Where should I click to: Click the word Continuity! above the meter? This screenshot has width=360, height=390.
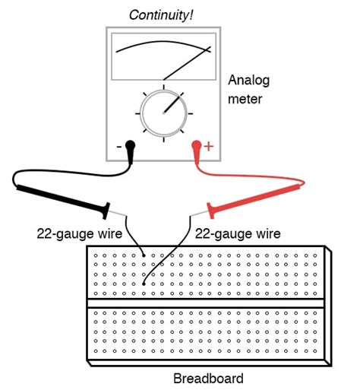(162, 14)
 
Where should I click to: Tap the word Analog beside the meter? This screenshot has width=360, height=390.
(248, 79)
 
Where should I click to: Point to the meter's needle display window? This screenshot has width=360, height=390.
(164, 56)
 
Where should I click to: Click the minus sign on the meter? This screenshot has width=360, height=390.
(118, 146)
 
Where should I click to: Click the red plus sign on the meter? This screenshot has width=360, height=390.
(210, 146)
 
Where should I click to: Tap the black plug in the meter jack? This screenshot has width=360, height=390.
(131, 150)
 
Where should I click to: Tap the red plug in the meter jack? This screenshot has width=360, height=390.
(197, 150)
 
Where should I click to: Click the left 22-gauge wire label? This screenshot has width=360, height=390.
(74, 234)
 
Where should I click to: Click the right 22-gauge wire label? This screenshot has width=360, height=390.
(237, 234)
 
